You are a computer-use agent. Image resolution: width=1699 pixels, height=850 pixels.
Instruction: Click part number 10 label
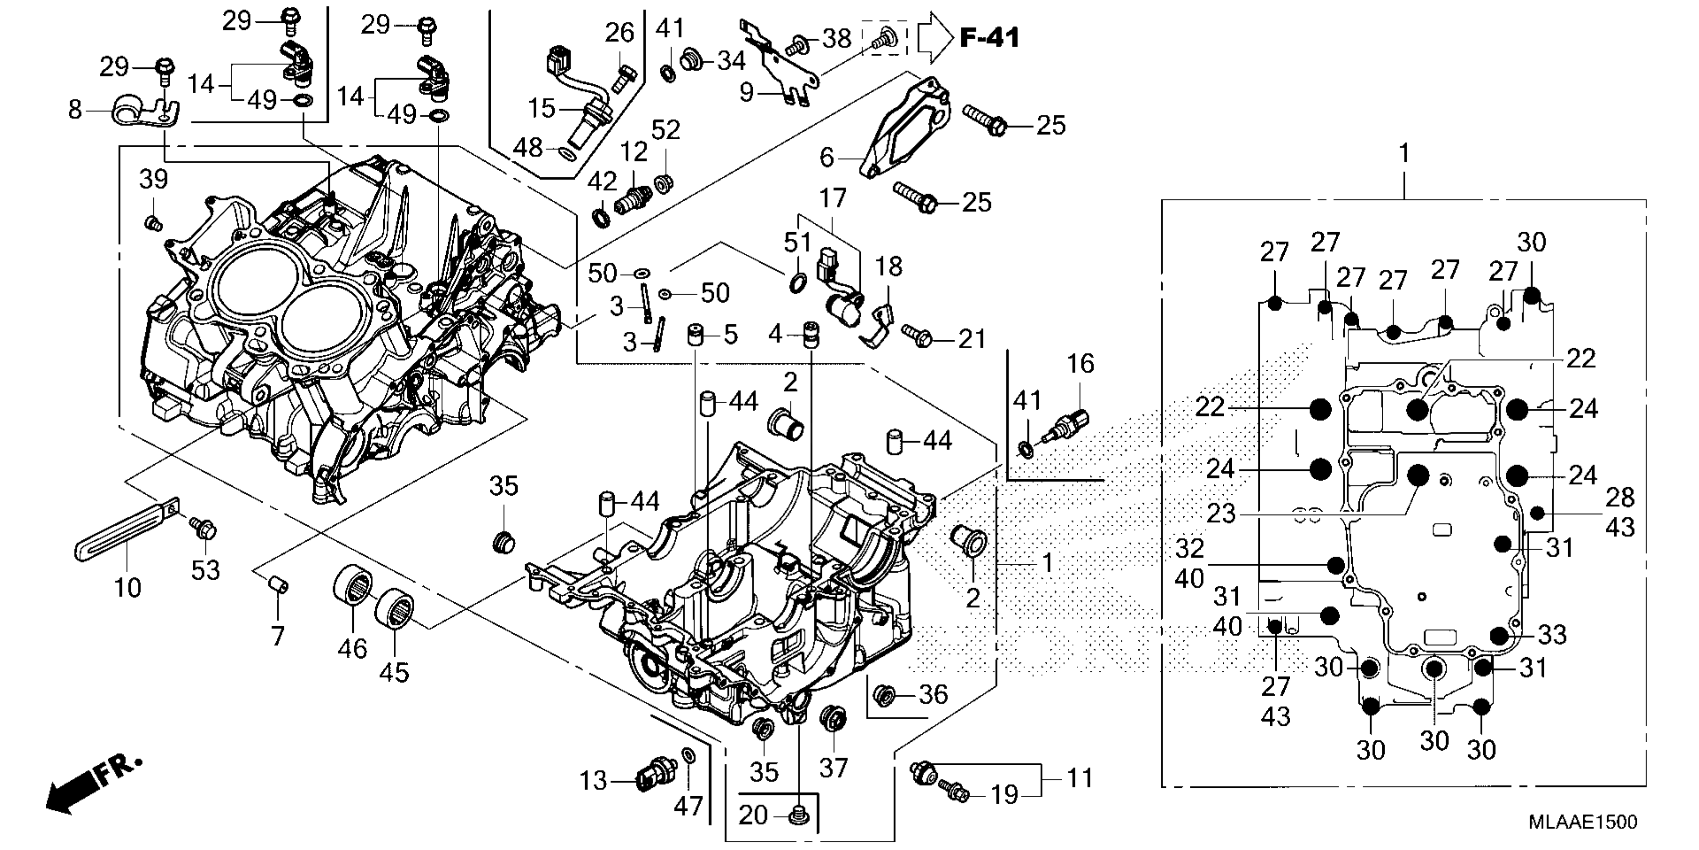(x=127, y=586)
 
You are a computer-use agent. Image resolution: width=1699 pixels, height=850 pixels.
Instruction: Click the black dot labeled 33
(x=1499, y=635)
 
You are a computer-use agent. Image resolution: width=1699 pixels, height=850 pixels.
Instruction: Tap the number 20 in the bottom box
(x=753, y=815)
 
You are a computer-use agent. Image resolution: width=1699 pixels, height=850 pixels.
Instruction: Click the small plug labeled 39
(x=153, y=223)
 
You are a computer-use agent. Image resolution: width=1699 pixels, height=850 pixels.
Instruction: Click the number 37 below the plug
(x=833, y=767)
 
